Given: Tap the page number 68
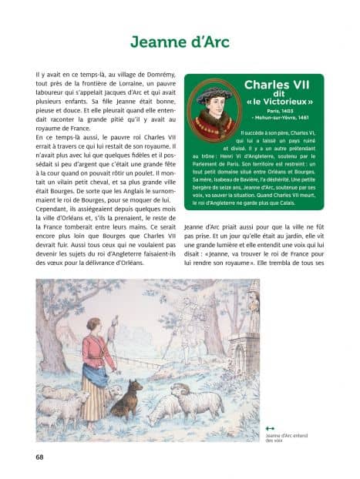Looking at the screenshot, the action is pos(39,457).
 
